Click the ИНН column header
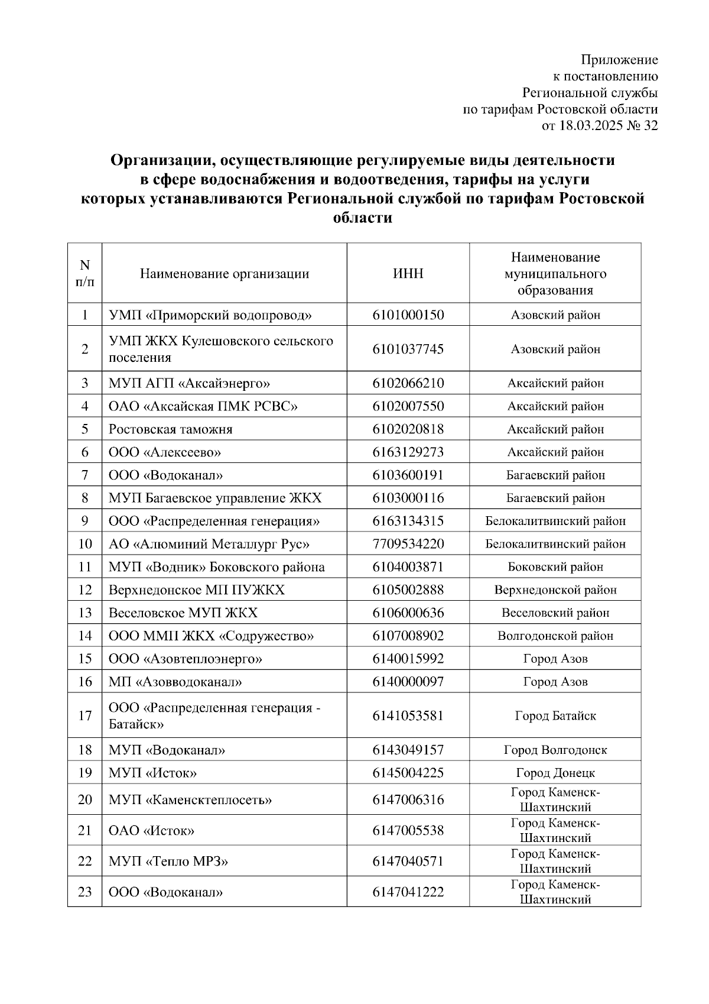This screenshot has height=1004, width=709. tap(408, 274)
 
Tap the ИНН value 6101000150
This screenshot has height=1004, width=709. tap(408, 315)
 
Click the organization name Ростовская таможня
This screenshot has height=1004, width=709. tap(170, 429)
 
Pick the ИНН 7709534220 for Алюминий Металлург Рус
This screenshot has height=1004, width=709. tap(408, 544)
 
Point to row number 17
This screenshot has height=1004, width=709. tap(85, 715)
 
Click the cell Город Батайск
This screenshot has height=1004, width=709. tap(555, 716)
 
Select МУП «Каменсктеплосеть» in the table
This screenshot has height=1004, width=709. tap(190, 800)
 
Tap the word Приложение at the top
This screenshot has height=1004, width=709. tap(619, 60)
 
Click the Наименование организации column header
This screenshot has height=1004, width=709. tap(224, 274)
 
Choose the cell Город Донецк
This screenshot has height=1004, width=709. tap(555, 773)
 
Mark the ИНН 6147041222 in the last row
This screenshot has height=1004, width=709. tap(408, 892)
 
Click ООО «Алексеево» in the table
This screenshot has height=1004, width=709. tap(164, 452)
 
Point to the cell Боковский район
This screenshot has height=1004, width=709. tap(555, 567)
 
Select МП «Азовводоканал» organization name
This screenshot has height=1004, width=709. tap(175, 682)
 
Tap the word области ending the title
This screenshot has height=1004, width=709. tap(363, 218)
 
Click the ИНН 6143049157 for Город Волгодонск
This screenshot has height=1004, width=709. tap(408, 750)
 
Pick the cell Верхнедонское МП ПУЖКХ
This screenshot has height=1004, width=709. tap(196, 590)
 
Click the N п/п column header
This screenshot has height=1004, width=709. tap(85, 273)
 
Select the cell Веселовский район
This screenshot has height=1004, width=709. tap(555, 613)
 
